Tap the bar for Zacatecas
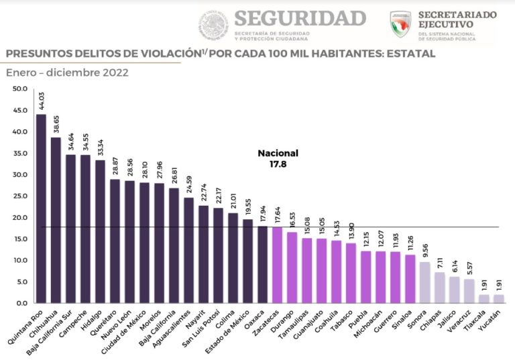pyautogui.click(x=277, y=265)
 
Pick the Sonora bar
pyautogui.click(x=424, y=282)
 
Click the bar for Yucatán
pyautogui.click(x=498, y=299)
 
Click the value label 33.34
pyautogui.click(x=100, y=149)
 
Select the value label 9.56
pyautogui.click(x=424, y=251)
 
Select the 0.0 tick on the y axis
pyautogui.click(x=21, y=304)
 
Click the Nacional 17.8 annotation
pyautogui.click(x=278, y=158)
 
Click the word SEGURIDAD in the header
pyautogui.click(x=300, y=17)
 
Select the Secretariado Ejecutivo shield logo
pyautogui.click(x=400, y=23)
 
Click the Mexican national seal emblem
pyautogui.click(x=213, y=25)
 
